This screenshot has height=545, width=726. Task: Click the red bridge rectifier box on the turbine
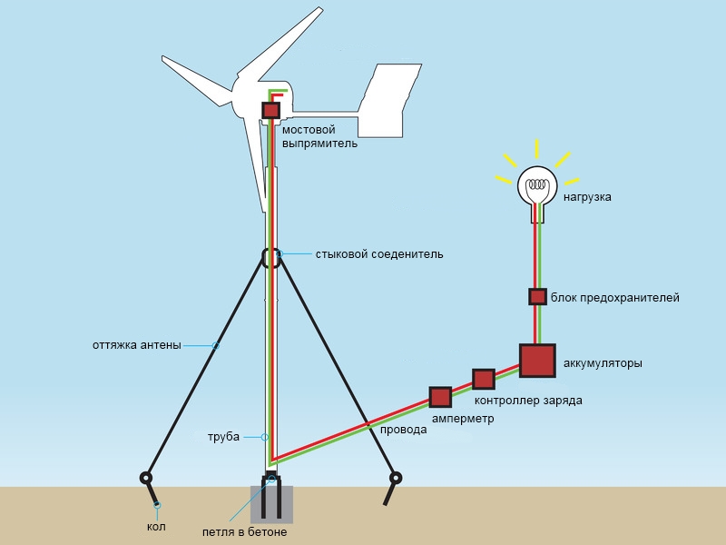click(x=270, y=111)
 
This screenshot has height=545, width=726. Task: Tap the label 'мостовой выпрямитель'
click(x=319, y=136)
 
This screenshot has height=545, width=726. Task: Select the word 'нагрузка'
click(x=587, y=197)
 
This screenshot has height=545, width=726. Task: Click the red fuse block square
click(x=537, y=297)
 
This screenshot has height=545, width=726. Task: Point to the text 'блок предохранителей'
click(x=615, y=298)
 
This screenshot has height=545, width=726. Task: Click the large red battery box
click(x=537, y=361)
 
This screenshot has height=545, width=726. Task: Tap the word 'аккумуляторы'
click(x=603, y=362)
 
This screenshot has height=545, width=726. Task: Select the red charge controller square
click(x=484, y=379)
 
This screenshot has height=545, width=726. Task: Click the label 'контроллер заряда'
click(x=528, y=401)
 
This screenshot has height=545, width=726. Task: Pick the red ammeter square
click(x=440, y=397)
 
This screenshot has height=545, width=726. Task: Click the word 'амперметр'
click(x=463, y=419)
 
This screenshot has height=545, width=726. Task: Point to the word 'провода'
click(x=403, y=430)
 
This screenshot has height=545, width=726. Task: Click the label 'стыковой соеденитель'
click(x=379, y=254)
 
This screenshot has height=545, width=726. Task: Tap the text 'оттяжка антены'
click(x=137, y=345)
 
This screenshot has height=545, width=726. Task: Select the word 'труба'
click(x=223, y=437)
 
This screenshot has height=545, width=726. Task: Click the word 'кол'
click(x=156, y=527)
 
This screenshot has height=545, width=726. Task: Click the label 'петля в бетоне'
click(x=244, y=532)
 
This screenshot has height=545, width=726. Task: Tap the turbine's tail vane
click(x=390, y=101)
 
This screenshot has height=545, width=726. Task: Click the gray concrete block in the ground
click(x=271, y=505)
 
